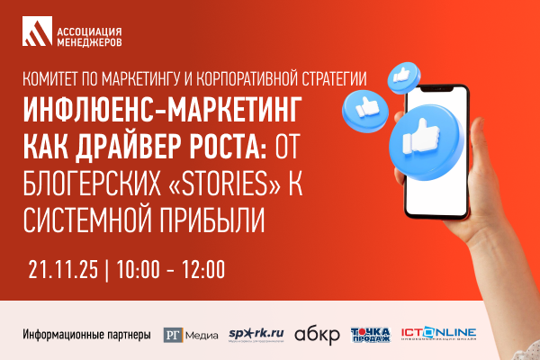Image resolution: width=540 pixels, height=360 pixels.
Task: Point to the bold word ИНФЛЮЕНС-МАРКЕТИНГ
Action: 163,110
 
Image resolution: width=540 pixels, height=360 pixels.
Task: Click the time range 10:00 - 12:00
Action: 172,268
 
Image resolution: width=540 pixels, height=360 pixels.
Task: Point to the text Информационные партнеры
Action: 86,337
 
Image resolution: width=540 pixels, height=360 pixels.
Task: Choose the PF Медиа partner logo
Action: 191,336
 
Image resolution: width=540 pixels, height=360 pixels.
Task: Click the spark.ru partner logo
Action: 256,335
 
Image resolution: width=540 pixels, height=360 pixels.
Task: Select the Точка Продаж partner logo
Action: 370,335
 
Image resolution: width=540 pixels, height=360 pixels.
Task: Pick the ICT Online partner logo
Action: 439,335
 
